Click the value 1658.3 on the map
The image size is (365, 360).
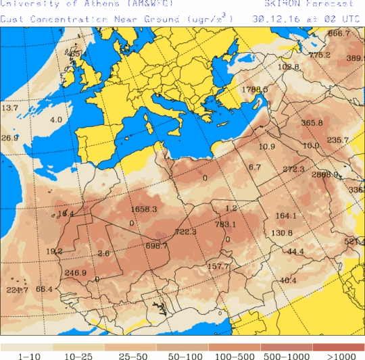click(x=143, y=209)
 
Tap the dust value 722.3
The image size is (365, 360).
click(x=185, y=232)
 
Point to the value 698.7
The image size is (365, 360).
click(x=157, y=246)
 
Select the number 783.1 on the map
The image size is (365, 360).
click(x=225, y=224)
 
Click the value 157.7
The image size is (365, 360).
click(x=219, y=267)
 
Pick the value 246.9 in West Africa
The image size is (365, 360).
click(x=75, y=273)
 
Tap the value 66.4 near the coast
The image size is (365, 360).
click(x=44, y=289)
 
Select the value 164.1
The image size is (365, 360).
click(x=286, y=216)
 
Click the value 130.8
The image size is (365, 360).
click(x=281, y=233)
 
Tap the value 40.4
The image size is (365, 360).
click(x=288, y=280)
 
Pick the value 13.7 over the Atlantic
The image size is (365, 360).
click(x=9, y=108)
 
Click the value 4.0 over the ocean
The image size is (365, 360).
click(x=56, y=120)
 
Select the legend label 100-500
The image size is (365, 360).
click(x=236, y=355)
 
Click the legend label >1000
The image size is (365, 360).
click(x=339, y=355)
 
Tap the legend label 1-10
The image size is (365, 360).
click(x=30, y=355)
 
